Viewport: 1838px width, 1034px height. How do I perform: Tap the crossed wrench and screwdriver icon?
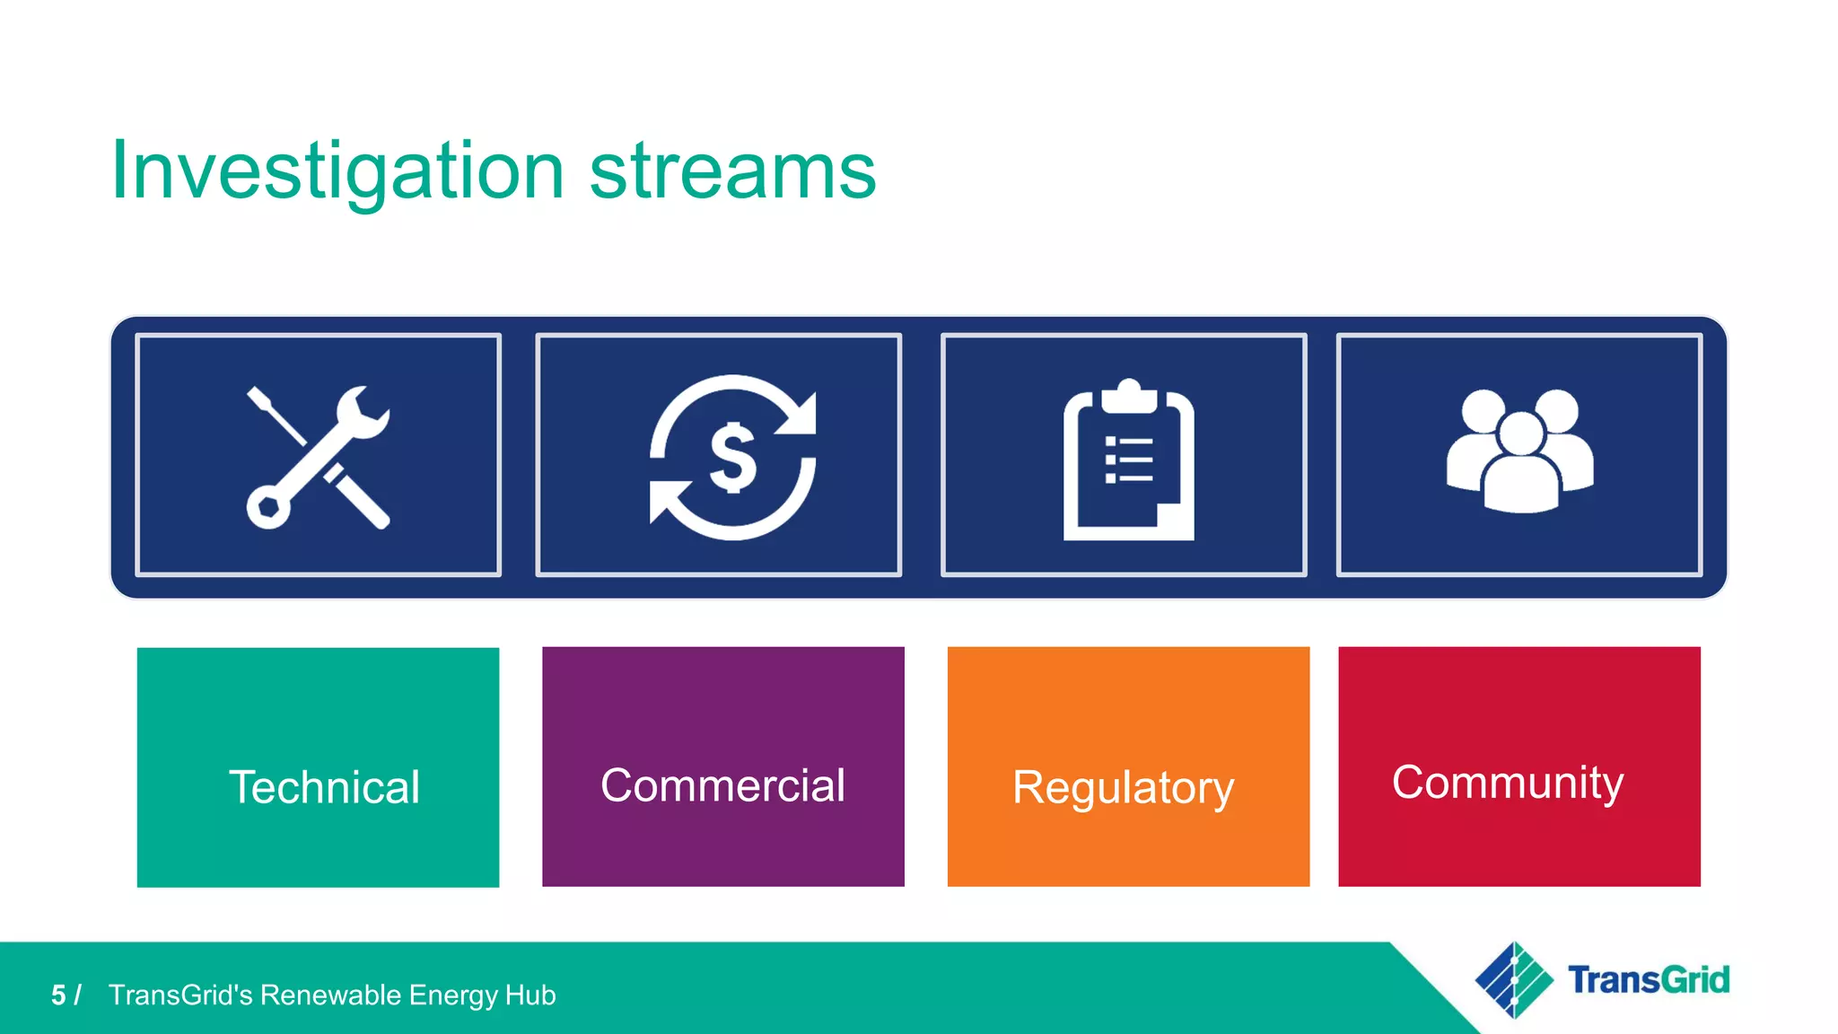point(318,457)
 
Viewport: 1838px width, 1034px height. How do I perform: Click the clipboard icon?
point(1128,462)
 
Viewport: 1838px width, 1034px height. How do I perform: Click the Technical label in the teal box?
point(324,787)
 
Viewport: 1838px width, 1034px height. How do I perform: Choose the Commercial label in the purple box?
point(722,785)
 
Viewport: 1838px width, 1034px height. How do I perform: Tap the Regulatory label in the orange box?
point(1123,787)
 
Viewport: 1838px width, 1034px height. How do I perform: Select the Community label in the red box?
point(1508,782)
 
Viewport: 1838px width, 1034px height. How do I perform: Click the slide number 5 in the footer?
point(58,995)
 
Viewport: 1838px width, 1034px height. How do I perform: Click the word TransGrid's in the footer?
point(179,995)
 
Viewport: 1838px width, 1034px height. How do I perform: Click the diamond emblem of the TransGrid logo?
point(1514,980)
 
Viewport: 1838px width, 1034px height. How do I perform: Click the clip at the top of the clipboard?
point(1129,395)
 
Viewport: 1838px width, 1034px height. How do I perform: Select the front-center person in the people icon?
point(1520,467)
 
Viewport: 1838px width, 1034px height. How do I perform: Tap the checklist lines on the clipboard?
point(1129,460)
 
